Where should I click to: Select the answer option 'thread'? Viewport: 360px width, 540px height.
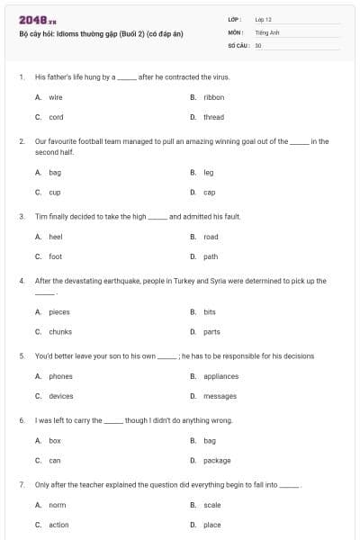click(x=213, y=117)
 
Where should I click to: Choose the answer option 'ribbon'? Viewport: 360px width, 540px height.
click(x=213, y=96)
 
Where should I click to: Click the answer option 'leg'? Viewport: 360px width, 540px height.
click(x=209, y=172)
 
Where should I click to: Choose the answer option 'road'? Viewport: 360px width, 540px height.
click(x=211, y=237)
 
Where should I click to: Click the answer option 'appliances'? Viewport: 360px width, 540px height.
click(x=220, y=376)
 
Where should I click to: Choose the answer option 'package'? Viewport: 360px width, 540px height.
click(x=217, y=460)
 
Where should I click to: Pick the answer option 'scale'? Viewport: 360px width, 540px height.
click(x=212, y=505)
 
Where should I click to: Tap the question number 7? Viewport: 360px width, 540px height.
click(x=22, y=485)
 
